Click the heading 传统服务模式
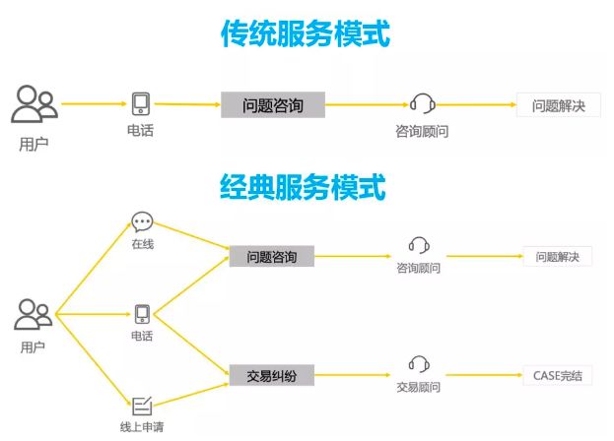click(306, 33)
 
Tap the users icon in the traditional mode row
click(34, 104)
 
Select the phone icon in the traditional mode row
click(141, 103)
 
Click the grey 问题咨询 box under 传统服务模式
click(272, 104)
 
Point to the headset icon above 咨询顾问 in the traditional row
click(422, 103)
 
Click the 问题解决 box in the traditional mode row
click(558, 105)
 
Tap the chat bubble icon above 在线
click(142, 222)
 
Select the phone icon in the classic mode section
click(142, 314)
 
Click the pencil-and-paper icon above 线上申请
click(142, 404)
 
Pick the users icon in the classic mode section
click(33, 315)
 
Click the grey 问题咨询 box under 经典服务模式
click(272, 257)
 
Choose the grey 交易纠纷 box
click(272, 374)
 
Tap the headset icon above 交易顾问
click(419, 363)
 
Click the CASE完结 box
click(558, 375)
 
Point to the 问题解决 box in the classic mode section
click(558, 257)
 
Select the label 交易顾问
click(419, 386)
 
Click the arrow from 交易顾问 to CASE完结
click(483, 375)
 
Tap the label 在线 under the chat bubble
click(142, 244)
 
